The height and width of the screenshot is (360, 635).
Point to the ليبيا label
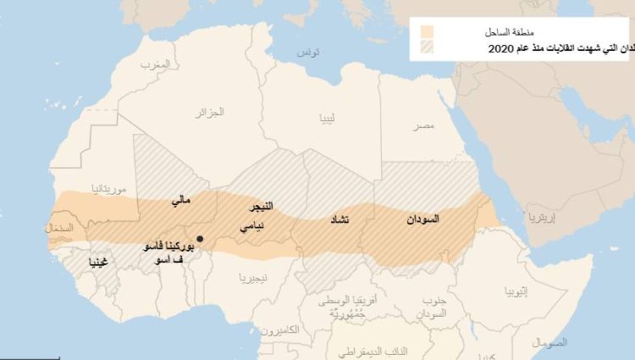328,119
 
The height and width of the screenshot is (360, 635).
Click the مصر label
423,125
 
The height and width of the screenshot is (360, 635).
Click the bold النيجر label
255,208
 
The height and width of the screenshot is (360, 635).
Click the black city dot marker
200,239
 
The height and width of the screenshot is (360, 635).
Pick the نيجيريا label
254,278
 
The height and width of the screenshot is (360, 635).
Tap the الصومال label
550,342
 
